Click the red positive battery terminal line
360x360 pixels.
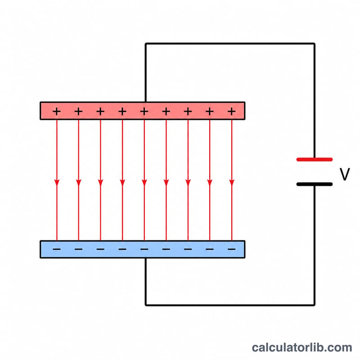click(314, 159)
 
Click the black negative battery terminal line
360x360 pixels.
click(314, 184)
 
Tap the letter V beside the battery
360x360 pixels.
click(345, 174)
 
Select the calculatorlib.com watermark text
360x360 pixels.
click(302, 347)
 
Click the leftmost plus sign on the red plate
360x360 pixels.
click(57, 112)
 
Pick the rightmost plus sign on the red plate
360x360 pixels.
click(232, 112)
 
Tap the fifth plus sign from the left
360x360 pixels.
click(144, 112)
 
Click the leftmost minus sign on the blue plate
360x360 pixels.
click(57, 249)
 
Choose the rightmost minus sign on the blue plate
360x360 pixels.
click(232, 249)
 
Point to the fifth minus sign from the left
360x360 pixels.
click(144, 249)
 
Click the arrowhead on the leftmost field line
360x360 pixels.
click(57, 183)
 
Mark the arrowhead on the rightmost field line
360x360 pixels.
click(232, 183)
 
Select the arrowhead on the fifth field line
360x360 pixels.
click(144, 183)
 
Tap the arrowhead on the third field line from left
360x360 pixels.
click(100, 183)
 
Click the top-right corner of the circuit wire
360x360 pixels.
click(314, 43)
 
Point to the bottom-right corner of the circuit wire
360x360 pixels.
click(314, 305)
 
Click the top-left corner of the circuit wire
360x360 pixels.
click(146, 43)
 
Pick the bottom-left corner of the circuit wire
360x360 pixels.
click(146, 305)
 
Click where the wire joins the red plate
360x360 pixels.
click(146, 102)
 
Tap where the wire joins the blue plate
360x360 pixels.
click(146, 258)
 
